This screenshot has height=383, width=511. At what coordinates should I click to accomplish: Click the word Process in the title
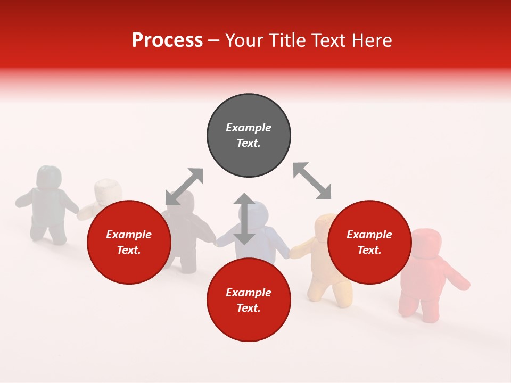(x=167, y=40)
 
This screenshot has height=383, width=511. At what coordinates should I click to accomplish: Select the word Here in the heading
(x=372, y=40)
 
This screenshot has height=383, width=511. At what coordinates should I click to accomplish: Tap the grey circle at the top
(x=249, y=136)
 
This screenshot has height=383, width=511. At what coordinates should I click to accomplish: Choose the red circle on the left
(x=129, y=243)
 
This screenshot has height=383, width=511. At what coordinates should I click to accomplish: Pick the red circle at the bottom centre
(x=249, y=300)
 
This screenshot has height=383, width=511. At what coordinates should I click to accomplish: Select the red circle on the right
(x=369, y=243)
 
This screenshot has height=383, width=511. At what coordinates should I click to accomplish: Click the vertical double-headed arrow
(x=244, y=219)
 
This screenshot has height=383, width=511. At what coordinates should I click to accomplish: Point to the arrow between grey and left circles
(x=184, y=187)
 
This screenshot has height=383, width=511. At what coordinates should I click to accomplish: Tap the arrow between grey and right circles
(x=312, y=181)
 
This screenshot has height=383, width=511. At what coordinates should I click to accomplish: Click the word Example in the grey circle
(x=249, y=128)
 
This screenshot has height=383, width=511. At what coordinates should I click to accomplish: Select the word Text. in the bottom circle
(x=249, y=308)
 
